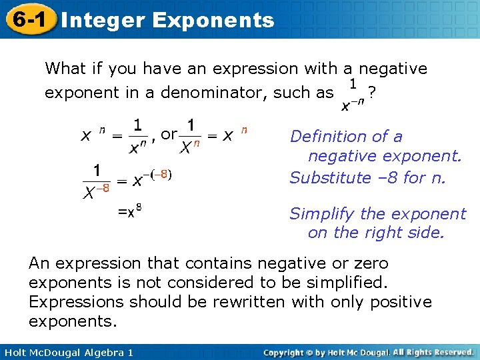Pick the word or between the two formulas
pos(169,134)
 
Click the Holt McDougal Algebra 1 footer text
pos(67,352)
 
